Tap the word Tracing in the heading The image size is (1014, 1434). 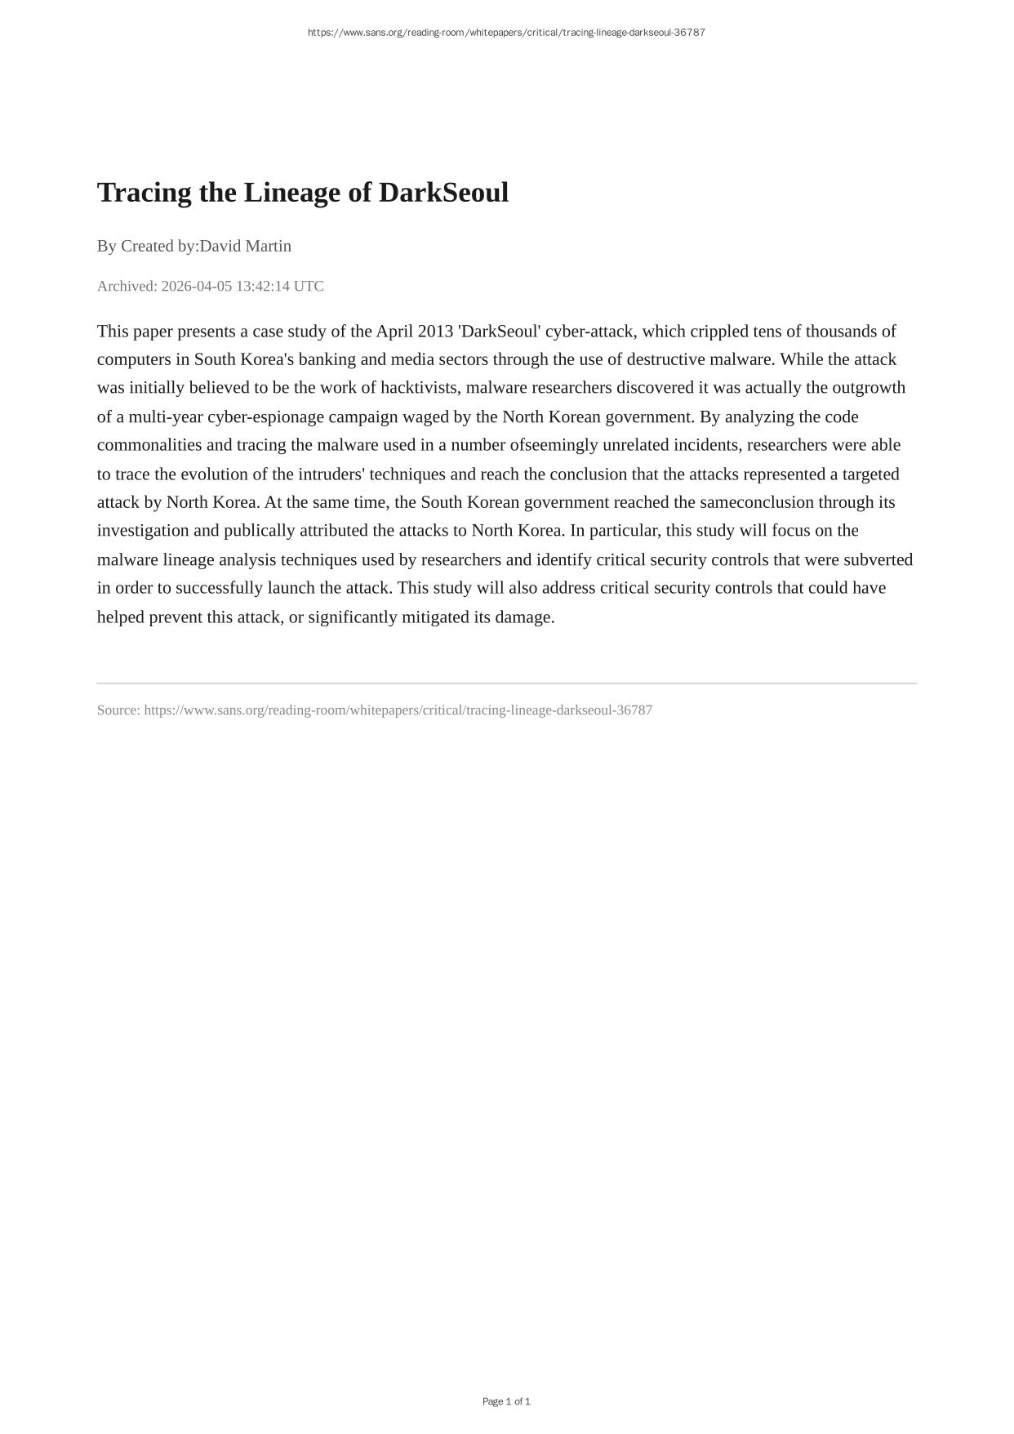[144, 193]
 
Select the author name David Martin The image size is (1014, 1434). [245, 246]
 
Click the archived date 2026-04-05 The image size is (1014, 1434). [197, 286]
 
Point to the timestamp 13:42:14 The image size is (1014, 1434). [263, 286]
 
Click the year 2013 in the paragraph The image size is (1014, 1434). [435, 331]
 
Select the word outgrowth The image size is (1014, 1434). [869, 387]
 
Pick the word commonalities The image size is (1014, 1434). [149, 444]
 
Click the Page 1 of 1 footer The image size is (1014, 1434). [506, 1401]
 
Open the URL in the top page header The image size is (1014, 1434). [506, 33]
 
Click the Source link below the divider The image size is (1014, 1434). [398, 710]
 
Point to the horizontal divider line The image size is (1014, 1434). [506, 683]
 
